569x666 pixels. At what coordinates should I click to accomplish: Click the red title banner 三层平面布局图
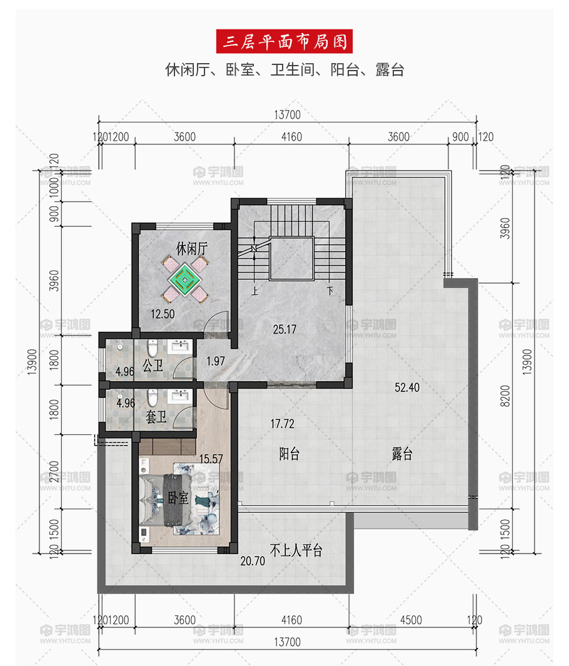pos(284,41)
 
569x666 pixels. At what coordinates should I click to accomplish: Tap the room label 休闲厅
pos(192,249)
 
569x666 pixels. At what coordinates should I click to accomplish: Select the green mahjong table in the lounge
pos(185,279)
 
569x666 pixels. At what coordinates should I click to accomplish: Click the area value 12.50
pos(163,314)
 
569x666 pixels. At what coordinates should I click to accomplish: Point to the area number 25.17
pos(284,329)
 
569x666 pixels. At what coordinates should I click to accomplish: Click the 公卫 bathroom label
pos(153,365)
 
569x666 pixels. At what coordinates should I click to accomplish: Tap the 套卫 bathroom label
pos(156,417)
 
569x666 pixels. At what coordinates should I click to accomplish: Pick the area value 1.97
pos(216,361)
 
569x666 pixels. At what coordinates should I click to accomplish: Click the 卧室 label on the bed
pos(178,497)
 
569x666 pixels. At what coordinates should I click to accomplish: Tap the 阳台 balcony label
pos(290,454)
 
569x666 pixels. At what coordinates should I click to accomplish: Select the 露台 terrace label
pos(402,454)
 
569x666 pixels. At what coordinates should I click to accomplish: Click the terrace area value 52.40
pos(406,387)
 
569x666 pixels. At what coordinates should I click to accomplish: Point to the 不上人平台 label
pos(296,550)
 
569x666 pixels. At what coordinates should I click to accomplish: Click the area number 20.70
pos(253,561)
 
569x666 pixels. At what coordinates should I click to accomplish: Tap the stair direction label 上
pos(255,291)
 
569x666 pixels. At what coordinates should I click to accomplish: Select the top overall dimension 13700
pos(287,115)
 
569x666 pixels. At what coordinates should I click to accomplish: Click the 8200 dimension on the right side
pos(505,396)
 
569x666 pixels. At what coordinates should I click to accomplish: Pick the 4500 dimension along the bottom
pos(411,620)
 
